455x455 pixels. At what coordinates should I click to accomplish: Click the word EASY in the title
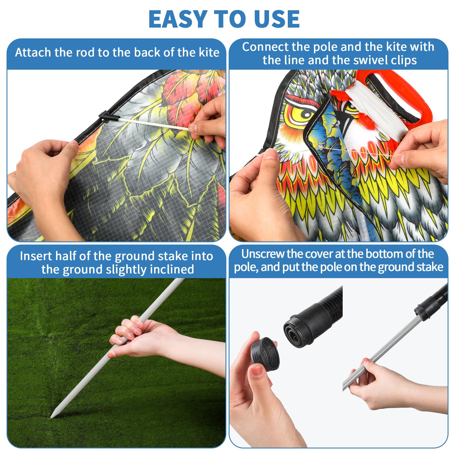(x=178, y=19)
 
